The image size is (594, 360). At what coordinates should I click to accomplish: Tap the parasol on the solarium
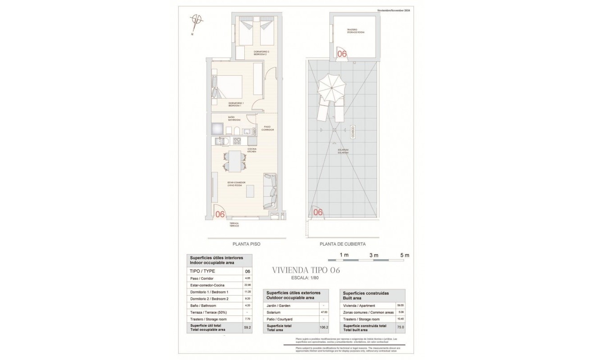pos(331,89)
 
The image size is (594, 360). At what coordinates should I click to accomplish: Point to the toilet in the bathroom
pos(236,131)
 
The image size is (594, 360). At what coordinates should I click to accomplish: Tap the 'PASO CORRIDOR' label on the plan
pos(268,128)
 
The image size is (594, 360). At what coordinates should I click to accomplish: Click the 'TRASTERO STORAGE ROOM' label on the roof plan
pos(355,31)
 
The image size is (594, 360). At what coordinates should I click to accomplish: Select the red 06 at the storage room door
pos(342,54)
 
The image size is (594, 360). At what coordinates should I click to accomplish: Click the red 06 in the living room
pos(220,214)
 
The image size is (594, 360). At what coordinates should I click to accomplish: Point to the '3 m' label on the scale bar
pos(373,255)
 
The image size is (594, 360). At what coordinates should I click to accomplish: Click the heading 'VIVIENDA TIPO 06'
pos(306,270)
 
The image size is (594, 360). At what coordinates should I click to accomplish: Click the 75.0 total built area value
pos(400,327)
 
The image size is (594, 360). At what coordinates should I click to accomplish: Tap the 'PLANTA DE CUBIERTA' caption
pos(342,244)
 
